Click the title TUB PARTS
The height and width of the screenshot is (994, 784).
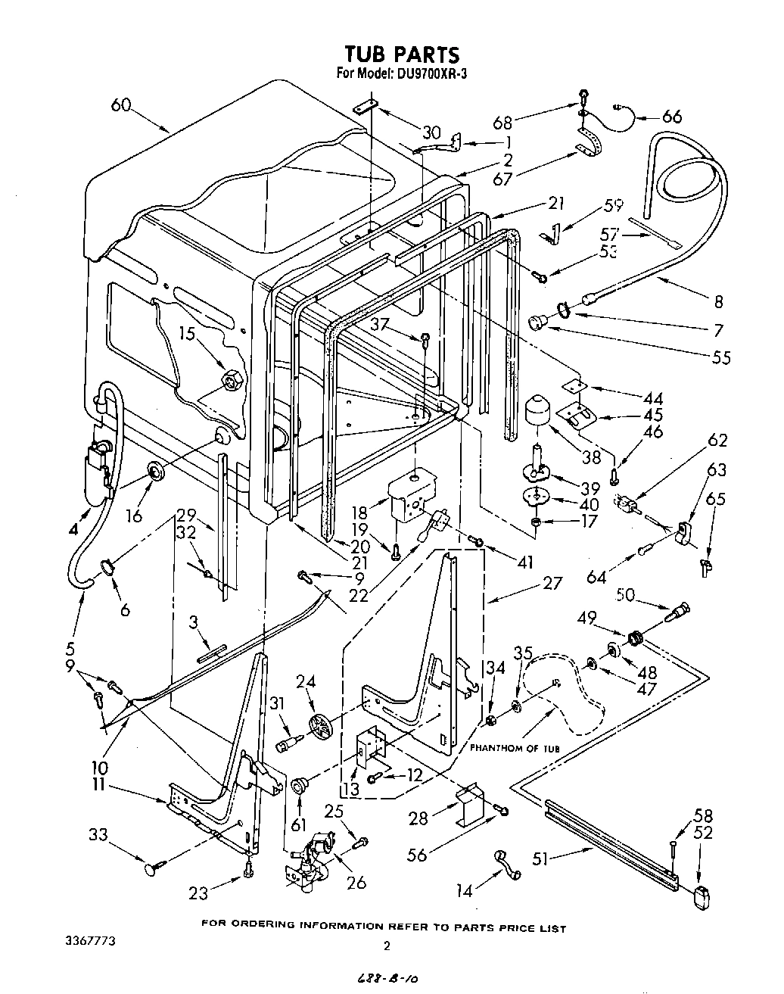(x=401, y=55)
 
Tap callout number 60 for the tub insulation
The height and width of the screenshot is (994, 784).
(x=123, y=105)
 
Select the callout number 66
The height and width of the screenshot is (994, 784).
(x=671, y=116)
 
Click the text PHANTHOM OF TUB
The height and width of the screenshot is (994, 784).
(x=515, y=748)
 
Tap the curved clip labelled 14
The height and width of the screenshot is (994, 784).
(x=506, y=863)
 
